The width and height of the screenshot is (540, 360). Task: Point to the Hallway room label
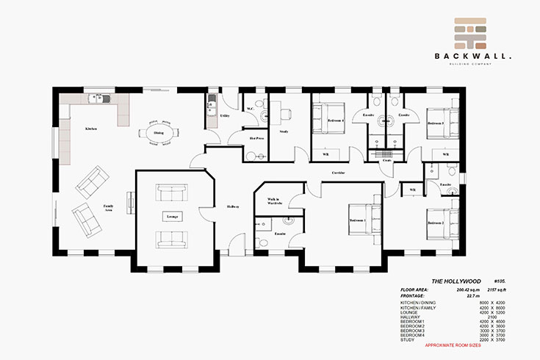pos(233,206)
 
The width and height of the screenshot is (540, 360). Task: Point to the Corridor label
pos(338,173)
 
